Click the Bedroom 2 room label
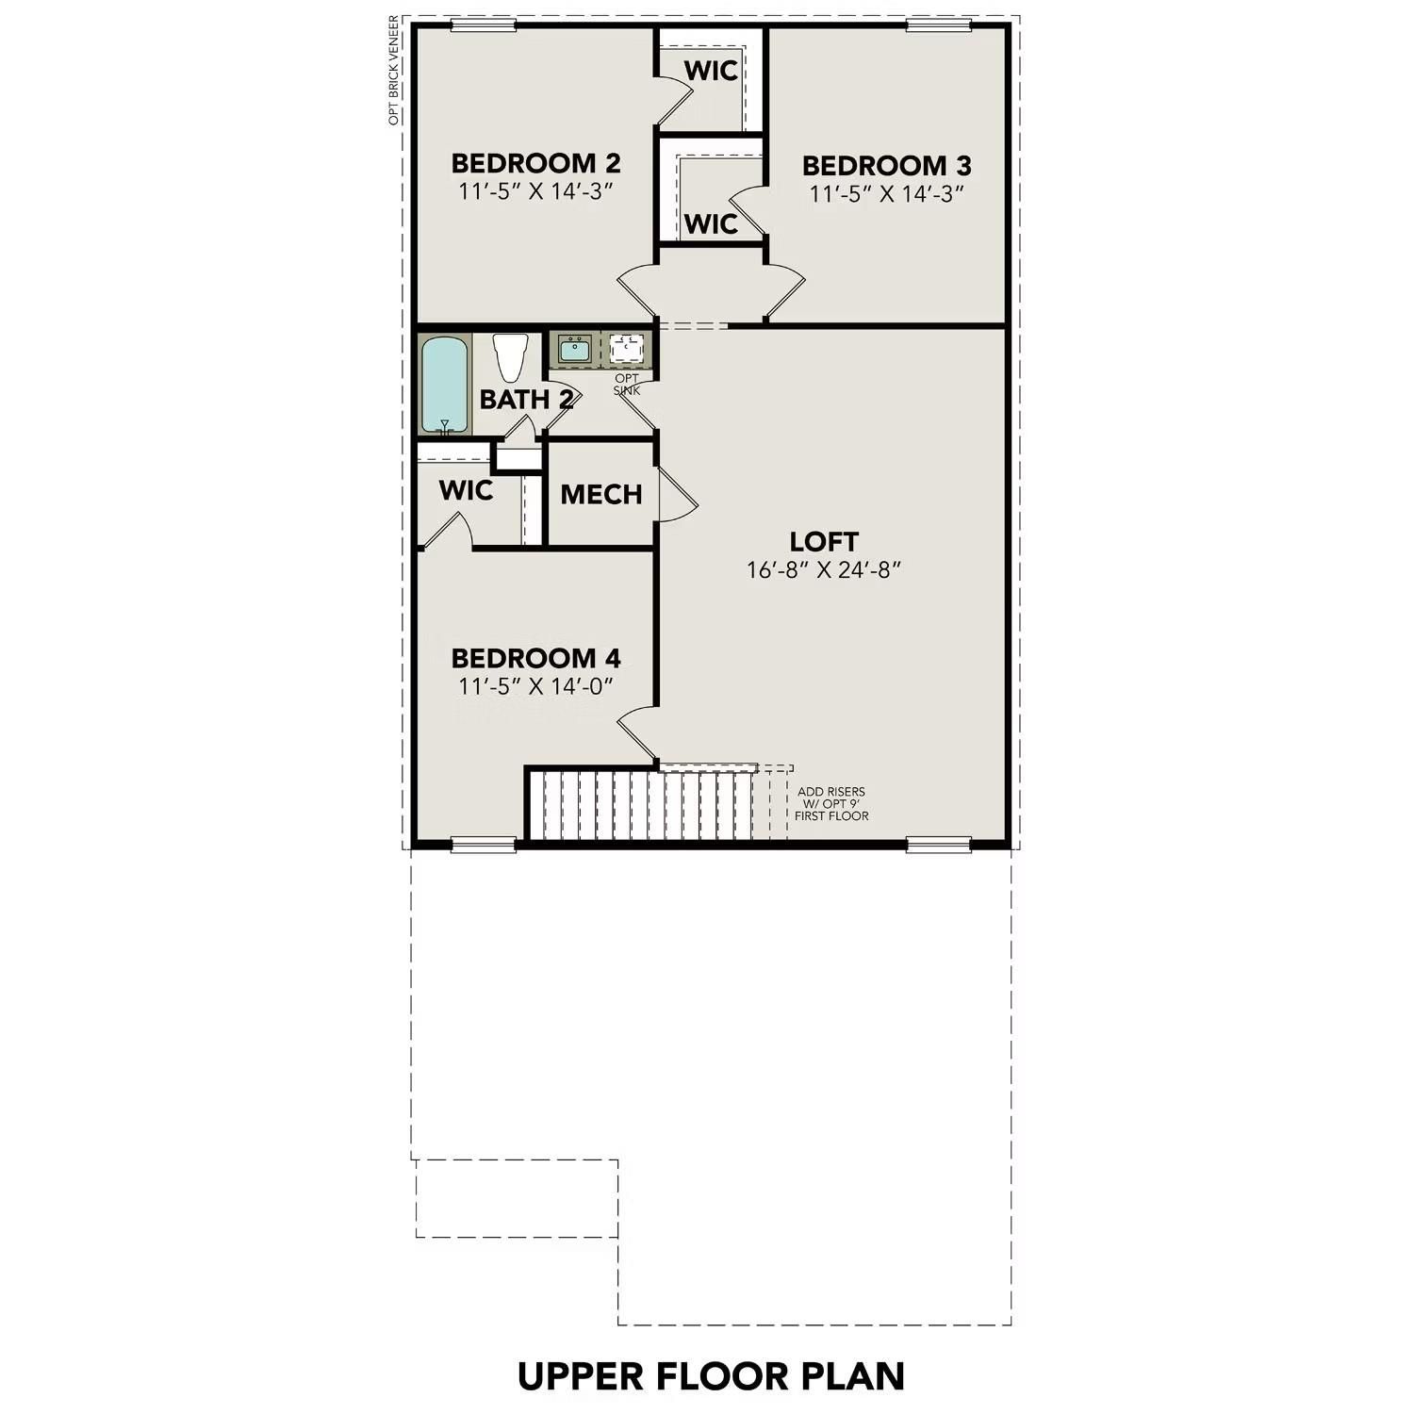[535, 164]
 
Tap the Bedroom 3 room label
[886, 166]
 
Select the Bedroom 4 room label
[535, 658]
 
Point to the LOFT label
[824, 542]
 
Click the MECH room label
[600, 494]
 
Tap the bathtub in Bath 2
[444, 385]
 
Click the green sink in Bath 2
[574, 350]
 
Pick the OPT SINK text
[627, 385]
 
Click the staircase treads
[641, 804]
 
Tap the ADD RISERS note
[831, 804]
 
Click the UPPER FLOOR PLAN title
[711, 1376]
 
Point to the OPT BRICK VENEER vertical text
[394, 71]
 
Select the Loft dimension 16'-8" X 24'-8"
[824, 570]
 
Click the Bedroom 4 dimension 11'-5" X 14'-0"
[535, 686]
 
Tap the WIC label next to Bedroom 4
[466, 490]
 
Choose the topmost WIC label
[711, 71]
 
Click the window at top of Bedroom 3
[938, 25]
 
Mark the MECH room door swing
[677, 495]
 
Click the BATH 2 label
[525, 400]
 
